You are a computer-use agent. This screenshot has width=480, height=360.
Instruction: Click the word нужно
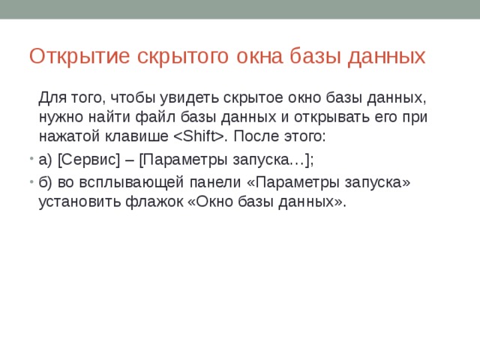59,117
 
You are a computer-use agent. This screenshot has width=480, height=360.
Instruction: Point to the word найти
110,117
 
